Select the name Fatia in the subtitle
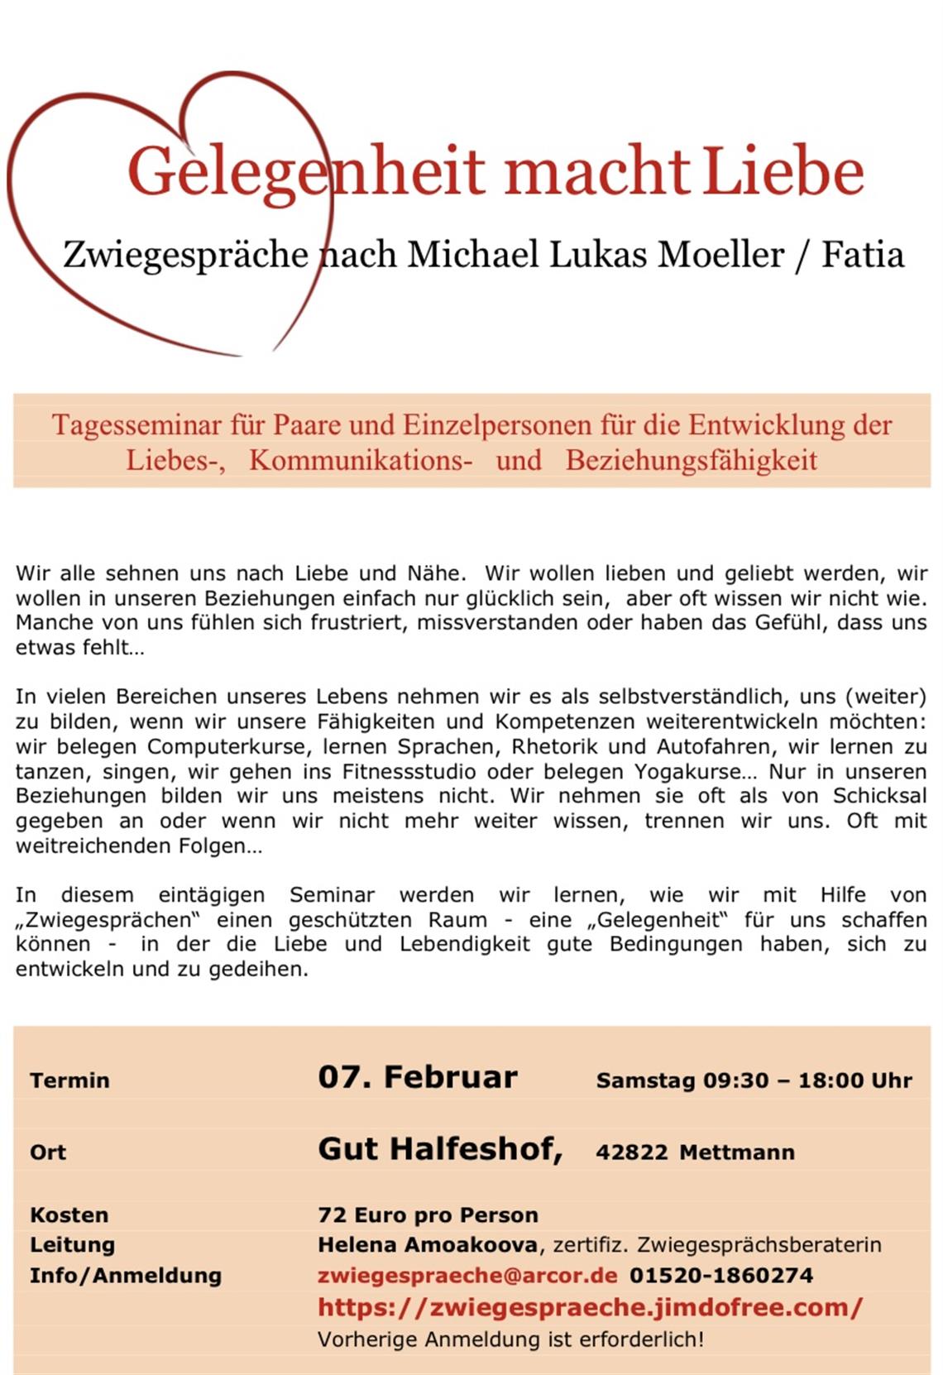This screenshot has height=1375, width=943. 863,254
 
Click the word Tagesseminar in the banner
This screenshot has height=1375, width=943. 137,425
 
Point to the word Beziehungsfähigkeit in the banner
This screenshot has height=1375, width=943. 692,460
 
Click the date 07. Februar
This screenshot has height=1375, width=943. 418,1077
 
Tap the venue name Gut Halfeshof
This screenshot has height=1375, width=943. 440,1149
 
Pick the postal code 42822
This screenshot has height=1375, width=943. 631,1152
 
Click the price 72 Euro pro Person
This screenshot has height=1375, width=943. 428,1215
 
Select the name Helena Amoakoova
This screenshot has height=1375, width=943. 428,1244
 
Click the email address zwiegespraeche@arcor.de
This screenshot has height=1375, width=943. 467,1275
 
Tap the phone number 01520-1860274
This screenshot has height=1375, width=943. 721,1275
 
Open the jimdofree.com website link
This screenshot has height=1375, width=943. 590,1307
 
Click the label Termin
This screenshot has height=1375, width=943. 69,1080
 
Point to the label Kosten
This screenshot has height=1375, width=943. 69,1215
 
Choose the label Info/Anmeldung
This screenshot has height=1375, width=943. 126,1275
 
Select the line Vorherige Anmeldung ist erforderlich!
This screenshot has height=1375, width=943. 510,1339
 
